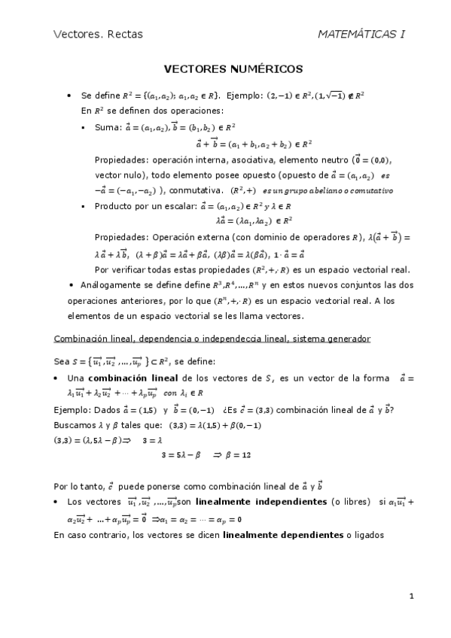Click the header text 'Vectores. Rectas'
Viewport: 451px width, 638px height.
98,34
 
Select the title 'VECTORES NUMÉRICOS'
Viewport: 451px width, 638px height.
233,69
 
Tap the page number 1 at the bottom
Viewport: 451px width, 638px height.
412,597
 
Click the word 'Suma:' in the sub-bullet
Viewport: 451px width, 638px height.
107,128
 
